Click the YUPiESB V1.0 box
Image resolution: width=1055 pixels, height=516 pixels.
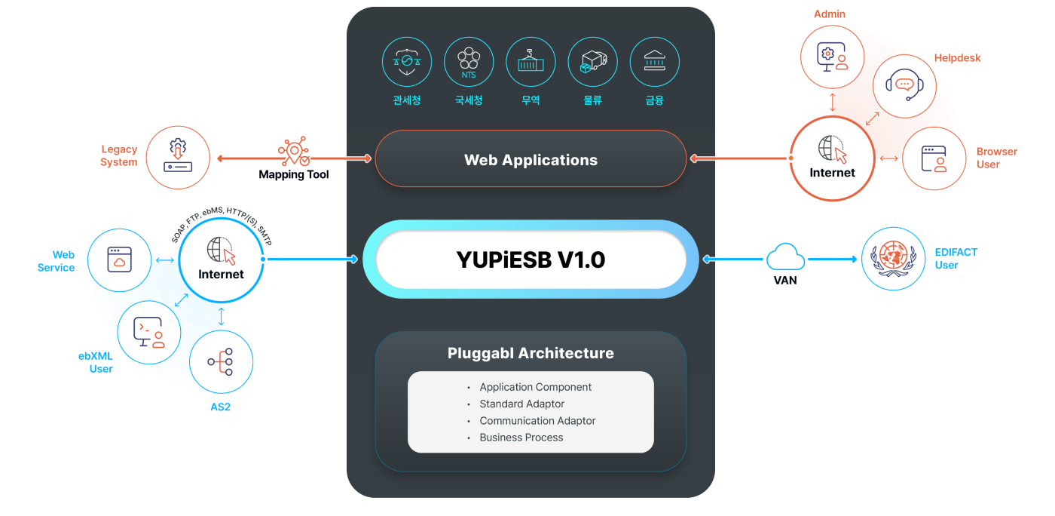[x=531, y=260]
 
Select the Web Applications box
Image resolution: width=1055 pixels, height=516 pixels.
[x=531, y=159]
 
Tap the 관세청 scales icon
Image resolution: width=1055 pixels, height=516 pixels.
[x=407, y=62]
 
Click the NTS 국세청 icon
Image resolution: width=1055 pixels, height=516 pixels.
[x=469, y=62]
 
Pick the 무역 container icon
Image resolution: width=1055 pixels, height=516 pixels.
[x=531, y=62]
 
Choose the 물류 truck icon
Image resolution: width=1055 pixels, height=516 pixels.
[x=592, y=62]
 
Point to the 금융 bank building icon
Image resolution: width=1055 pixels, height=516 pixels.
[x=654, y=62]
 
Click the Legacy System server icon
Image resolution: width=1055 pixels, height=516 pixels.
[x=178, y=157]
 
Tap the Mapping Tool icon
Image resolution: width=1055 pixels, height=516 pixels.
[x=294, y=152]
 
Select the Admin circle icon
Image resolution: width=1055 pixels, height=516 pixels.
[x=833, y=57]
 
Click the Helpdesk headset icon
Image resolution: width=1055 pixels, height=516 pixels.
[x=904, y=86]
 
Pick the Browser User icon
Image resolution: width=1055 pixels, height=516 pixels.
[x=934, y=158]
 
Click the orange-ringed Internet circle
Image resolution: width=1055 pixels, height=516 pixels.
[x=832, y=158]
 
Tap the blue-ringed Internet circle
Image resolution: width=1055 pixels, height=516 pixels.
[x=221, y=260]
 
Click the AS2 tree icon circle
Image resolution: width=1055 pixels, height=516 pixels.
[x=221, y=361]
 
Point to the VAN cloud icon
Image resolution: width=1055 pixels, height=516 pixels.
[x=785, y=258]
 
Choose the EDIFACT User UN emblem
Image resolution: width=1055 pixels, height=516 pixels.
[x=893, y=259]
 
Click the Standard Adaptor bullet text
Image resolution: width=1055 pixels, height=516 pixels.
[x=521, y=404]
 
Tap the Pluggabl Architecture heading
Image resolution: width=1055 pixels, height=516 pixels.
[x=531, y=353]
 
